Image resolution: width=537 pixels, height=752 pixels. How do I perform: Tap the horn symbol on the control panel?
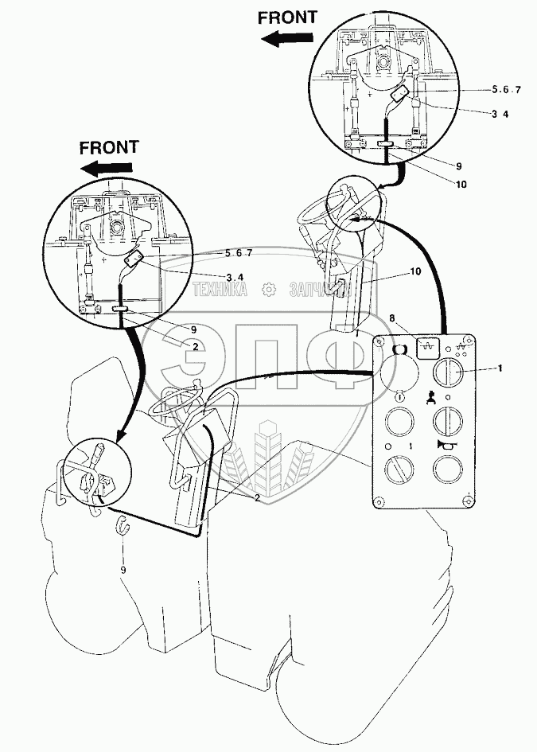(445, 448)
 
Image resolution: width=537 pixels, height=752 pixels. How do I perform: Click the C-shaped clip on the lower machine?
(123, 524)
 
